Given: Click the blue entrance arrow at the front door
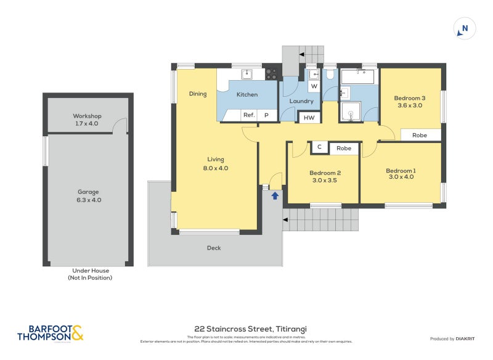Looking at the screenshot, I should [x=275, y=195].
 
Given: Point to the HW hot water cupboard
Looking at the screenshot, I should [x=309, y=118].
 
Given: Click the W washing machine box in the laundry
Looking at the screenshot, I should [x=314, y=87].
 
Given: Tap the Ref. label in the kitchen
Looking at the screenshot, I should [x=249, y=115].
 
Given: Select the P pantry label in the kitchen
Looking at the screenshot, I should [x=267, y=115].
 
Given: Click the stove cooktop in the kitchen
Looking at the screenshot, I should [x=271, y=74].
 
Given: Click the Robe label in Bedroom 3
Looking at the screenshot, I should [x=420, y=135].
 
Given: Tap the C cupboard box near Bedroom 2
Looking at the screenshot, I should [x=319, y=147].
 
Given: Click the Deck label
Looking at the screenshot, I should [x=214, y=248].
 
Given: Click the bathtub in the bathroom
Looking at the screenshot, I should [x=357, y=77].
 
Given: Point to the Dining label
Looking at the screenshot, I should [x=198, y=94].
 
